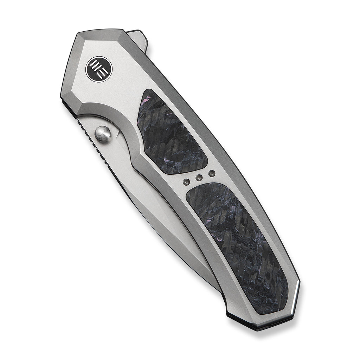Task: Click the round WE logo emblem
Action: (x=99, y=69)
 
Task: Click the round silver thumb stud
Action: (x=102, y=134)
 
